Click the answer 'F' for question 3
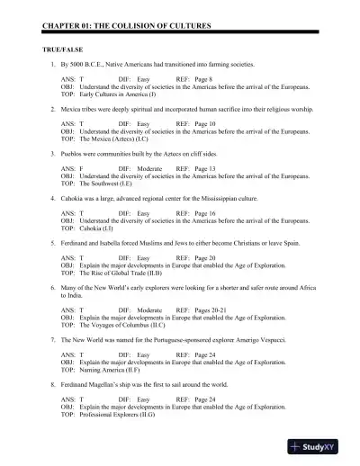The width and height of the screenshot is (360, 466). pyautogui.click(x=82, y=167)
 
